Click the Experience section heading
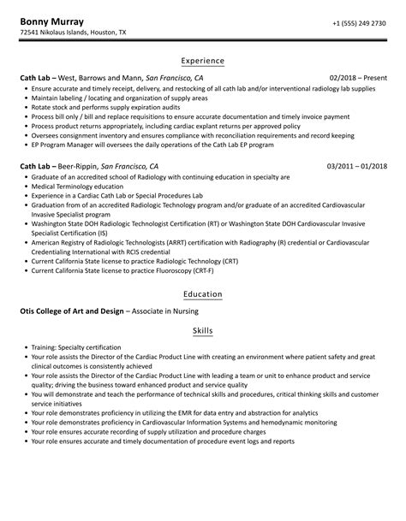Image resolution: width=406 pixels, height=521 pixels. (x=203, y=61)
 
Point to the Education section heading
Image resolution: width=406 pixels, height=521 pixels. (x=203, y=294)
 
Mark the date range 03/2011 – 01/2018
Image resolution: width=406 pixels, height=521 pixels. (x=356, y=165)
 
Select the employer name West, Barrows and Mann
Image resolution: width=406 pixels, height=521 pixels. (x=100, y=78)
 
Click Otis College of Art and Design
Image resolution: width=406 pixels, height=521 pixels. (x=68, y=311)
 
